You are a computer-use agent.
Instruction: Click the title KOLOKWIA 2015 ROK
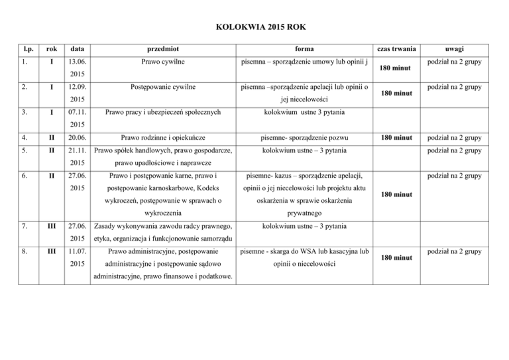[x=254, y=27]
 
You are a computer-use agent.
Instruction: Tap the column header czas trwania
[x=394, y=48]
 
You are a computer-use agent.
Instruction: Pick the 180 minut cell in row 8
[x=394, y=259]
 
